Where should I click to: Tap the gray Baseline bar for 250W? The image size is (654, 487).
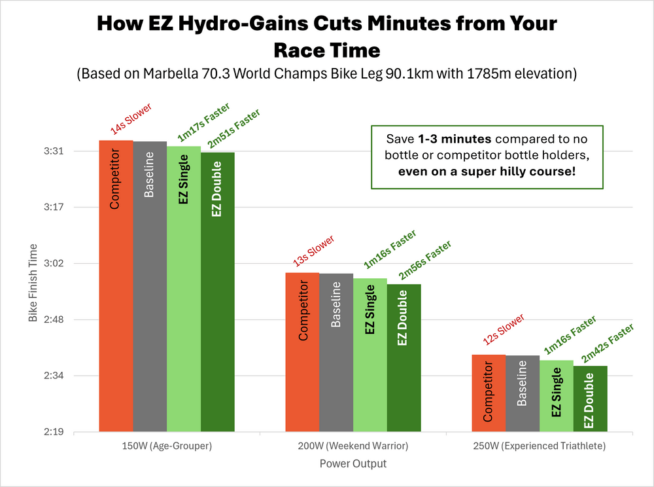523,393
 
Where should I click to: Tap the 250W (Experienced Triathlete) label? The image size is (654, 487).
540,446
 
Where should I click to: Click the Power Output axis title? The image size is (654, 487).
353,464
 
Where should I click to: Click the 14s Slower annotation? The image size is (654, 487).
131,118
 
